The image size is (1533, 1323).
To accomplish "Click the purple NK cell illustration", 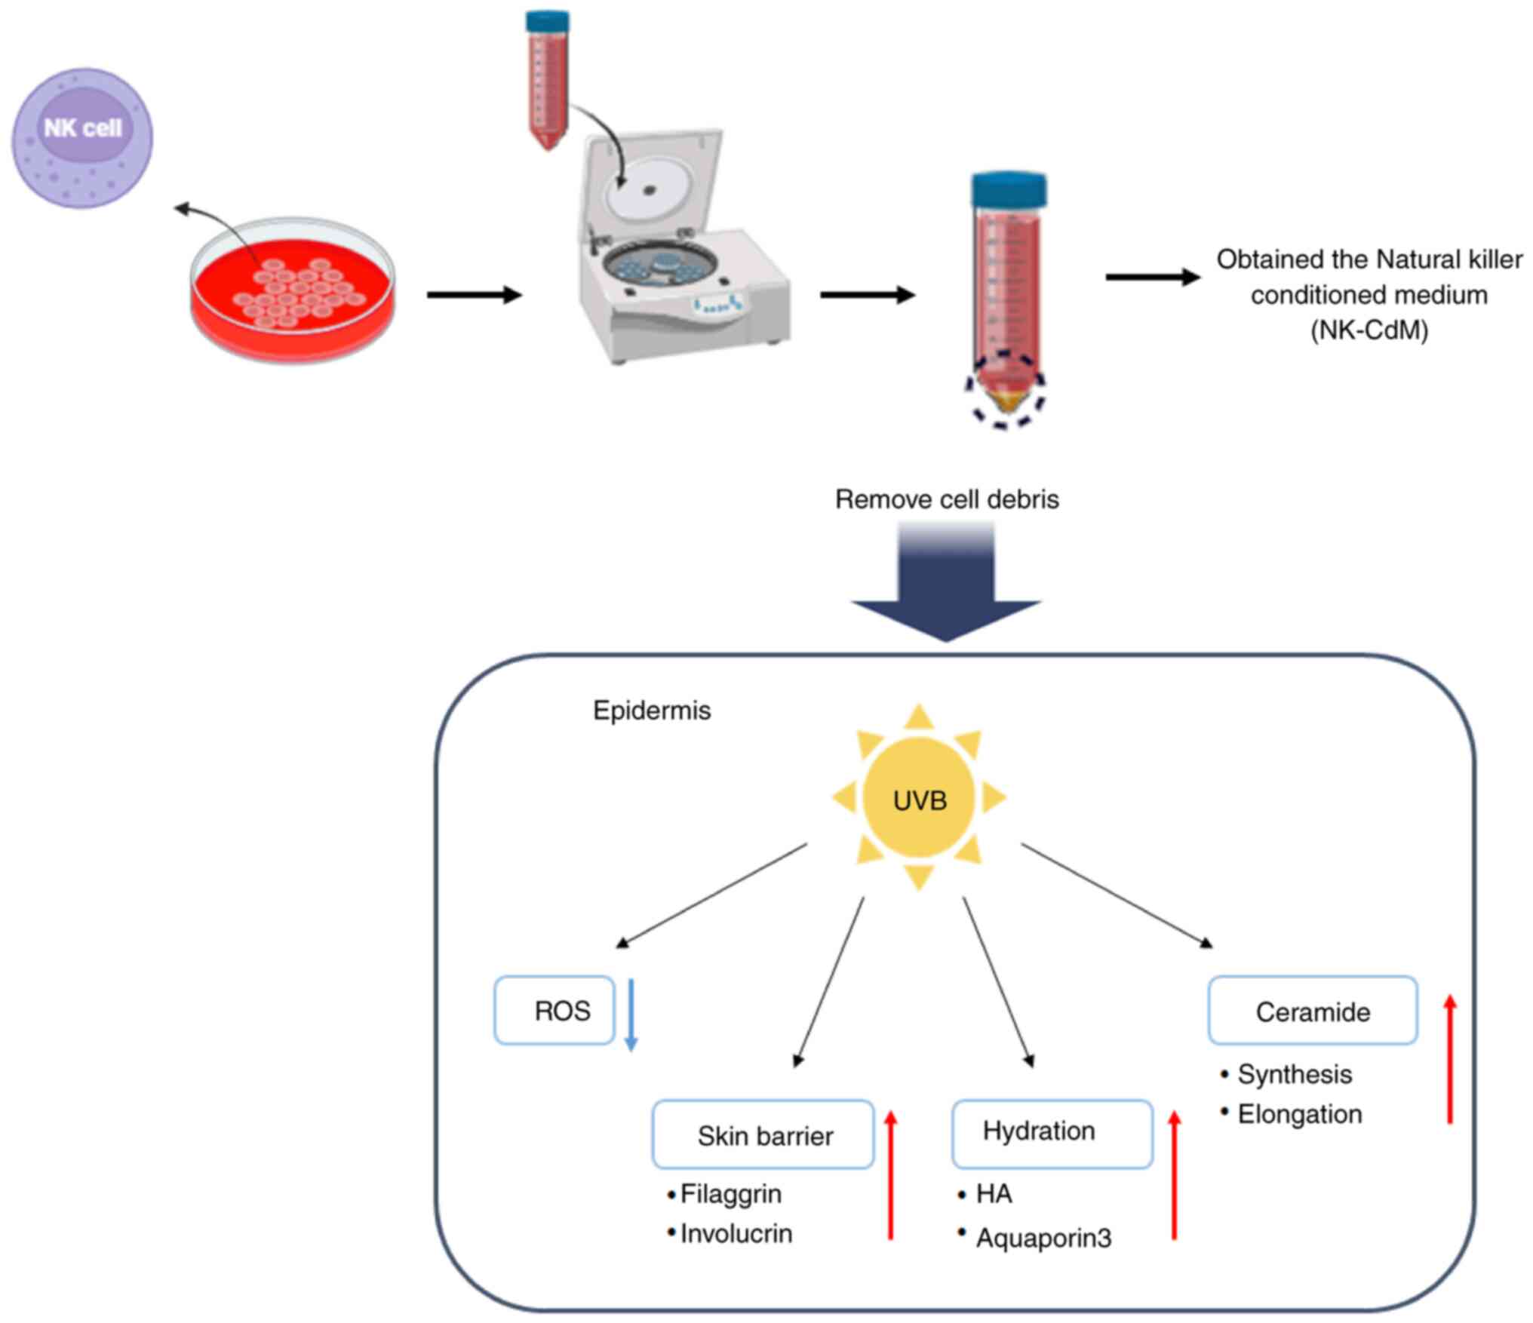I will [x=82, y=138].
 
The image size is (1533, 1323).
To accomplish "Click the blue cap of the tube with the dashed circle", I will [x=1009, y=189].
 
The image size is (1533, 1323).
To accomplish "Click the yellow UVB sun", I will [x=919, y=799].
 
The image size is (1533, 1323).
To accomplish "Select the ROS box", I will [x=555, y=1011].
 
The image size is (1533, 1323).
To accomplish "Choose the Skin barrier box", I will [x=763, y=1134].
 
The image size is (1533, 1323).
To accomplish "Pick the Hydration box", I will [x=1052, y=1133].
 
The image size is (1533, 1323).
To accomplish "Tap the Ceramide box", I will [x=1313, y=1011].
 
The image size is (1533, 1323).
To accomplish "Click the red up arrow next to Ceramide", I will [x=1450, y=1059].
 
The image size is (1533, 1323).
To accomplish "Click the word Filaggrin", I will [x=731, y=1194].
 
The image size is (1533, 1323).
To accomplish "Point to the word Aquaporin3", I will [x=1043, y=1238].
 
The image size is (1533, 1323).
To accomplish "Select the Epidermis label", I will [x=652, y=711].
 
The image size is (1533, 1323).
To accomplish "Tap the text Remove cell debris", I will [x=947, y=499].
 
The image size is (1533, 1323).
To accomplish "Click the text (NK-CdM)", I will [x=1369, y=330].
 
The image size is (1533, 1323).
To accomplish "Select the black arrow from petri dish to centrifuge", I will [x=475, y=294].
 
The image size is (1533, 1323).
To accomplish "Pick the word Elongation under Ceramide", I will [x=1300, y=1114].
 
